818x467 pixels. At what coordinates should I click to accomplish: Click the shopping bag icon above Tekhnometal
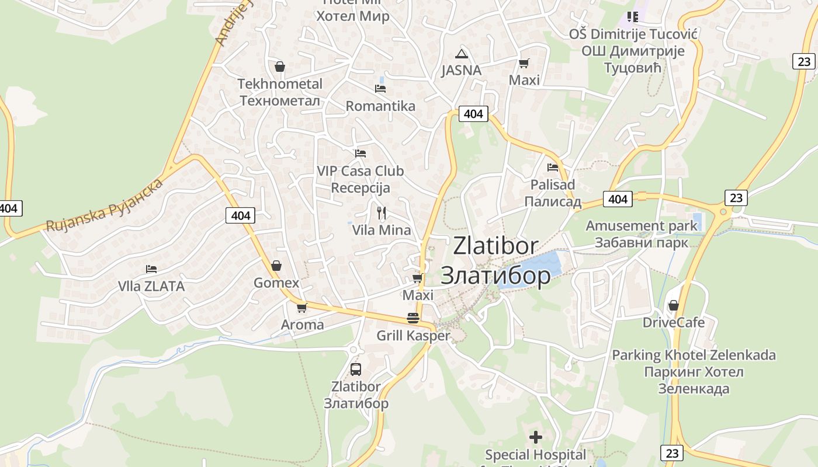[x=280, y=67]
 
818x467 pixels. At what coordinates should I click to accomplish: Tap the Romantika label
[x=380, y=106]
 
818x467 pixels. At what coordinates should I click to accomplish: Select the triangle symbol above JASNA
[x=462, y=54]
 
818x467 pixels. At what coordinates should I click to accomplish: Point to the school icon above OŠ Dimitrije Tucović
[x=632, y=17]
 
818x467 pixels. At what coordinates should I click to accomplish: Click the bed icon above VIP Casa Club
[x=361, y=154]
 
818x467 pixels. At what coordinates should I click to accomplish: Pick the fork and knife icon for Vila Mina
[x=382, y=213]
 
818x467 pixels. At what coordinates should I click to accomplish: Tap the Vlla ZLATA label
[x=151, y=286]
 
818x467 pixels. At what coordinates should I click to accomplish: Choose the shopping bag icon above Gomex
[x=276, y=266]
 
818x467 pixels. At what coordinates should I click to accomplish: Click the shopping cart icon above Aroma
[x=302, y=308]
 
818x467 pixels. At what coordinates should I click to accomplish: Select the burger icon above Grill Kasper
[x=413, y=319]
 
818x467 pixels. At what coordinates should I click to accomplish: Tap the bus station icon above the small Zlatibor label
[x=355, y=369]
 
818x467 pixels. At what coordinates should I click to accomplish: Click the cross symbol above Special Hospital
[x=535, y=437]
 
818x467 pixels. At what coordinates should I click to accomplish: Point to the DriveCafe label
[x=674, y=322]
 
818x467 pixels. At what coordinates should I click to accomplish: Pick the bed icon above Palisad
[x=553, y=168]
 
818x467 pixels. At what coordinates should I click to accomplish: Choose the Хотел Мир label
[x=352, y=16]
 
